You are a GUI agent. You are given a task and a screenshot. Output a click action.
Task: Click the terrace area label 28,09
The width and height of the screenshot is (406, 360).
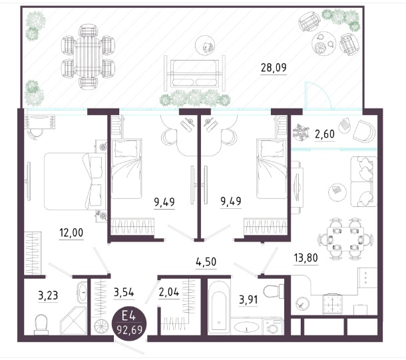tap(274, 68)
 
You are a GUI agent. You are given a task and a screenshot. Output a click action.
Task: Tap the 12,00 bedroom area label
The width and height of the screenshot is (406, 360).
tap(71, 233)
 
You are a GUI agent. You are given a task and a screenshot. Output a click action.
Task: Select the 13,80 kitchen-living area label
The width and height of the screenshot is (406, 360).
tap(305, 258)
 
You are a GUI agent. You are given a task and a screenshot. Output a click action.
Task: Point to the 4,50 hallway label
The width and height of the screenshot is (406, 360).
tap(206, 262)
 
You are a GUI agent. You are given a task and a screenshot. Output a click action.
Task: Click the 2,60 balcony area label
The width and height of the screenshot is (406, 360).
tap(325, 134)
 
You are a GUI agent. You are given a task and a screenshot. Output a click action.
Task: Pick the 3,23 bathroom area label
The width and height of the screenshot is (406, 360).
tap(48, 295)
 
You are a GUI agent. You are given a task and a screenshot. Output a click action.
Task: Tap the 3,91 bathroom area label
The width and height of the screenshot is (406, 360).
tap(248, 299)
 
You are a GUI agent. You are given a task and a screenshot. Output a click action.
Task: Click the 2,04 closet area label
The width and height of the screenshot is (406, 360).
tap(169, 292)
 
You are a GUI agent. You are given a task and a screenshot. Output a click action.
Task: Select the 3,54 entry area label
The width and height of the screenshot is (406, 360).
tap(124, 292)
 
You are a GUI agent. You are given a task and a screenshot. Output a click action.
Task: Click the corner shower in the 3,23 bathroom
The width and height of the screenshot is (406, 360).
tap(73, 321)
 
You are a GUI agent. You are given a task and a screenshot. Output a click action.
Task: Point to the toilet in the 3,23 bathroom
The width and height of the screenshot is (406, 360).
tap(41, 324)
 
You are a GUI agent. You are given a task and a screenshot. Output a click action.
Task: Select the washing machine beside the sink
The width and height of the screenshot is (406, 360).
tap(273, 326)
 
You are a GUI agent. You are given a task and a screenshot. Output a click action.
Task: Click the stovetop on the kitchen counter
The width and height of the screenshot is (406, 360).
tap(332, 304)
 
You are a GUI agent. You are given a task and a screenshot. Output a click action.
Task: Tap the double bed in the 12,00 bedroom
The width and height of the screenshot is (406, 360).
tap(75, 181)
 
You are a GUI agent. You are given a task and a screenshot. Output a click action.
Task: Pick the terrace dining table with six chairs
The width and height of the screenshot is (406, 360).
tap(88, 57)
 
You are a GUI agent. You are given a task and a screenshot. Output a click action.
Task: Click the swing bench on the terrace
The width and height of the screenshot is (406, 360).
tap(194, 73)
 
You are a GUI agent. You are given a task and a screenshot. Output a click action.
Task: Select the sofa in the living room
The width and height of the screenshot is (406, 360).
tap(363, 182)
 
